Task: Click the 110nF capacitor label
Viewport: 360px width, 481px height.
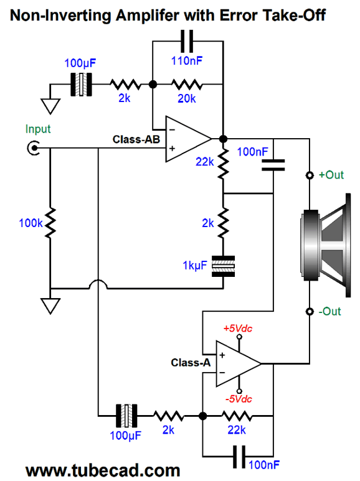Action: (187, 60)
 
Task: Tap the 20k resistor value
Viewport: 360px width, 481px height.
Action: (186, 98)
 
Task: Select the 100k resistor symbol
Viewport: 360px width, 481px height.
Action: (50, 223)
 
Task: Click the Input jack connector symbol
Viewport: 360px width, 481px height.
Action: (33, 148)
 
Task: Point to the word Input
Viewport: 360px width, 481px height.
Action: (38, 129)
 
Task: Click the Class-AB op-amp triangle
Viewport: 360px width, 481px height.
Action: (188, 139)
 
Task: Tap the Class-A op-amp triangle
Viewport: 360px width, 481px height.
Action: (239, 364)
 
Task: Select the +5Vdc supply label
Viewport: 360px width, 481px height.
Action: (238, 329)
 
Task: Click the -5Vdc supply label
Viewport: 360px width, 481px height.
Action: (239, 399)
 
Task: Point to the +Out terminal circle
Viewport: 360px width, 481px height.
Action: (310, 175)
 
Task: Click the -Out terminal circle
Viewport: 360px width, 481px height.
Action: (310, 312)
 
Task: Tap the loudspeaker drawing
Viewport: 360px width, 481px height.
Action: (326, 245)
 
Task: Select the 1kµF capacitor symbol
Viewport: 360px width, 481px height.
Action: (224, 266)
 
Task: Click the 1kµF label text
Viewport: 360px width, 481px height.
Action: (195, 265)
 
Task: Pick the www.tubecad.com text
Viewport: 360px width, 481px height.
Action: (103, 470)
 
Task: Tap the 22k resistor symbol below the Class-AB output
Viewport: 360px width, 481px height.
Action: (224, 164)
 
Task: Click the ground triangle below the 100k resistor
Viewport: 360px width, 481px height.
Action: (50, 306)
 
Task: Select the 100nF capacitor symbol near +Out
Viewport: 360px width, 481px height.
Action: (273, 165)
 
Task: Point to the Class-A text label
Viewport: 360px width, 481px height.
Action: (191, 363)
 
